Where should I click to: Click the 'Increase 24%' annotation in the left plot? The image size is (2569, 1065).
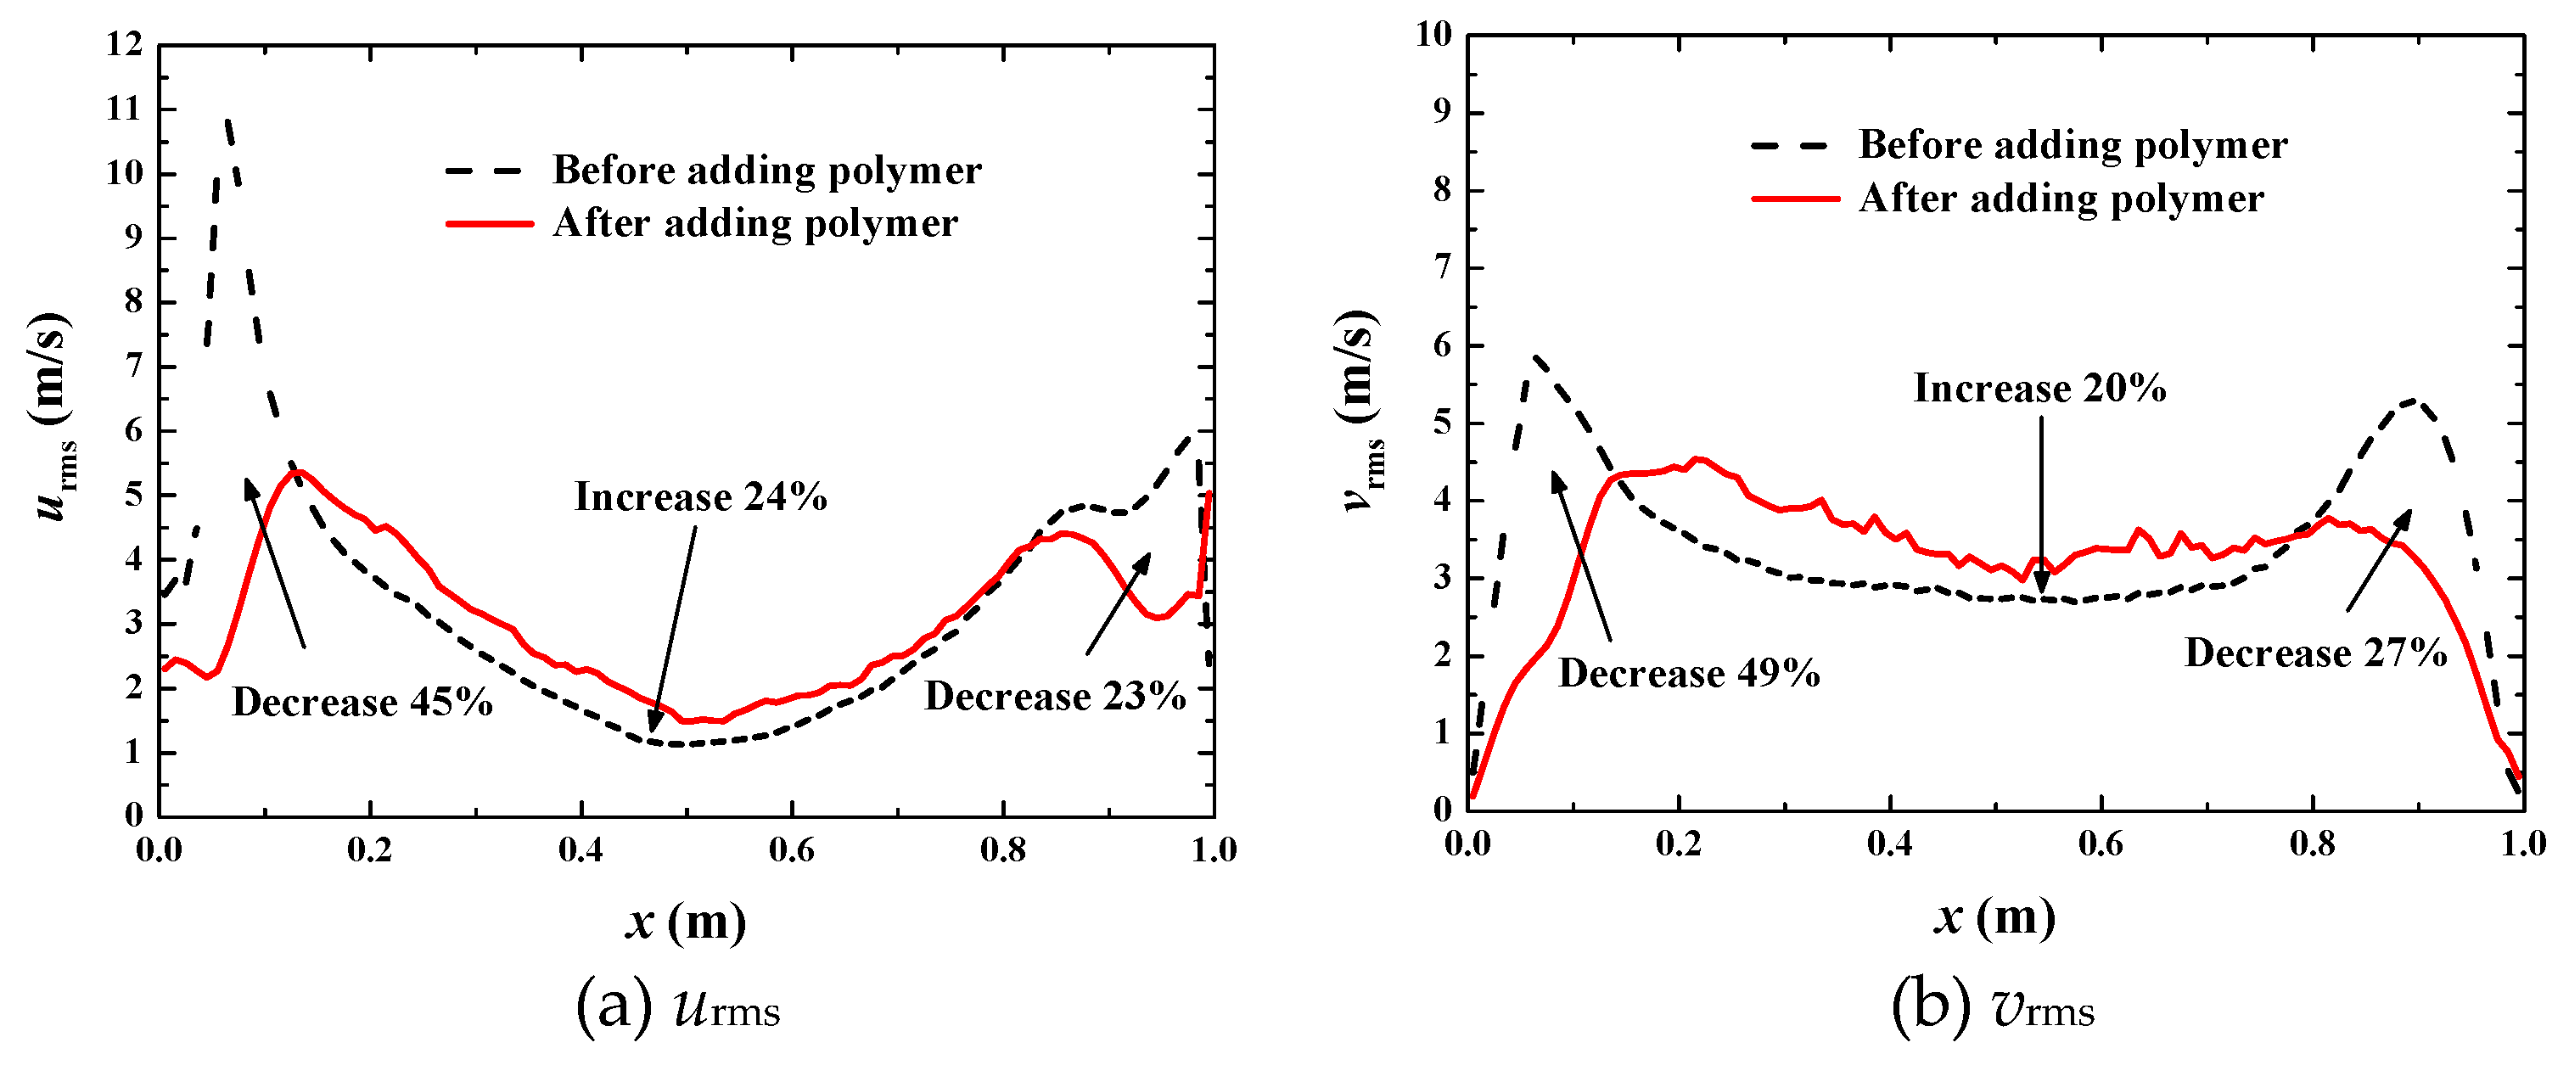(700, 496)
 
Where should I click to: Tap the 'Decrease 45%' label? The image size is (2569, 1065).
(362, 702)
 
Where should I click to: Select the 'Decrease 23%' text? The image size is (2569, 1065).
(1055, 696)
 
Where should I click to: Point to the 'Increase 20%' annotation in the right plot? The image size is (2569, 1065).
(2039, 388)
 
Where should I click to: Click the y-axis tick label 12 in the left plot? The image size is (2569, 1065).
(126, 45)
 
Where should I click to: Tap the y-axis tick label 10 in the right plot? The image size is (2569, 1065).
(1434, 35)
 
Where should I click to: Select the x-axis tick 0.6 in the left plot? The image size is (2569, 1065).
(791, 850)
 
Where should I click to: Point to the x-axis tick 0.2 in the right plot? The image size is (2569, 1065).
(1679, 844)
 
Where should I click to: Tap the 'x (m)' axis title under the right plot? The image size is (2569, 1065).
(1994, 916)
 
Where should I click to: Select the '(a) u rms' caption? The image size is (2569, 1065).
(678, 1007)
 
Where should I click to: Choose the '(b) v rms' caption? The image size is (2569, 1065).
(1993, 1007)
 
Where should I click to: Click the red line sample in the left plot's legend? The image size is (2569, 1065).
(490, 224)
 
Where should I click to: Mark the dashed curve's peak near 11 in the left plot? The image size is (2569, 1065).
(228, 121)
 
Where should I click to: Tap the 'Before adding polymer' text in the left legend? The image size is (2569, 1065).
(767, 171)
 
